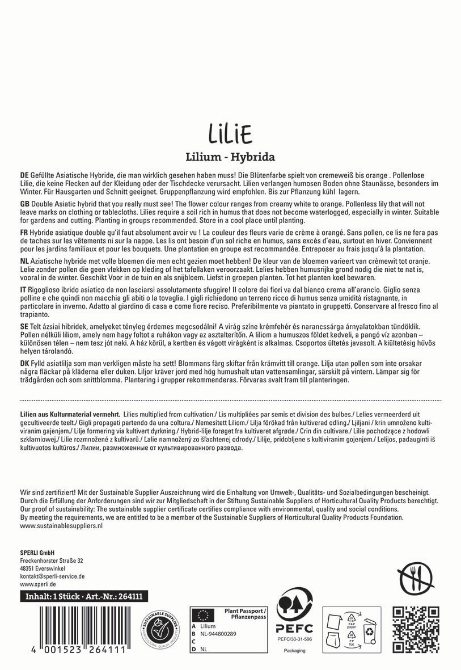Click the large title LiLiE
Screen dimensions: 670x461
[230, 134]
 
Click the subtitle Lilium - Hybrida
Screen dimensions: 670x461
[230, 157]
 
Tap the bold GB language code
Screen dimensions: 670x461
[24, 204]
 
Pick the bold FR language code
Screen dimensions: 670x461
[24, 233]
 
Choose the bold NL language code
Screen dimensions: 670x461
[24, 261]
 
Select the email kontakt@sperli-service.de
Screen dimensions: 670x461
[52, 576]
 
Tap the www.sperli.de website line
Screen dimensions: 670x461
[37, 584]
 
